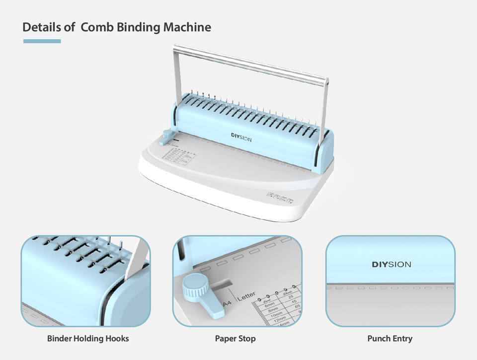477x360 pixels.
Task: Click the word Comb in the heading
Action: tap(97, 27)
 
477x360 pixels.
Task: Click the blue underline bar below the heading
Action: tap(42, 41)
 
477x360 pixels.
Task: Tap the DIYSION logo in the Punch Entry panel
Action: tap(391, 265)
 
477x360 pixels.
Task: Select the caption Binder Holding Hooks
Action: tap(88, 339)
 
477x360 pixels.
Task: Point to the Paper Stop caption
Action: tap(236, 339)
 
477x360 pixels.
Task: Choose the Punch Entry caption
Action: tap(390, 339)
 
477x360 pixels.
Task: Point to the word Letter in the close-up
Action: tap(247, 297)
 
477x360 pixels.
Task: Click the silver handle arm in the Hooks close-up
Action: tap(138, 261)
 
